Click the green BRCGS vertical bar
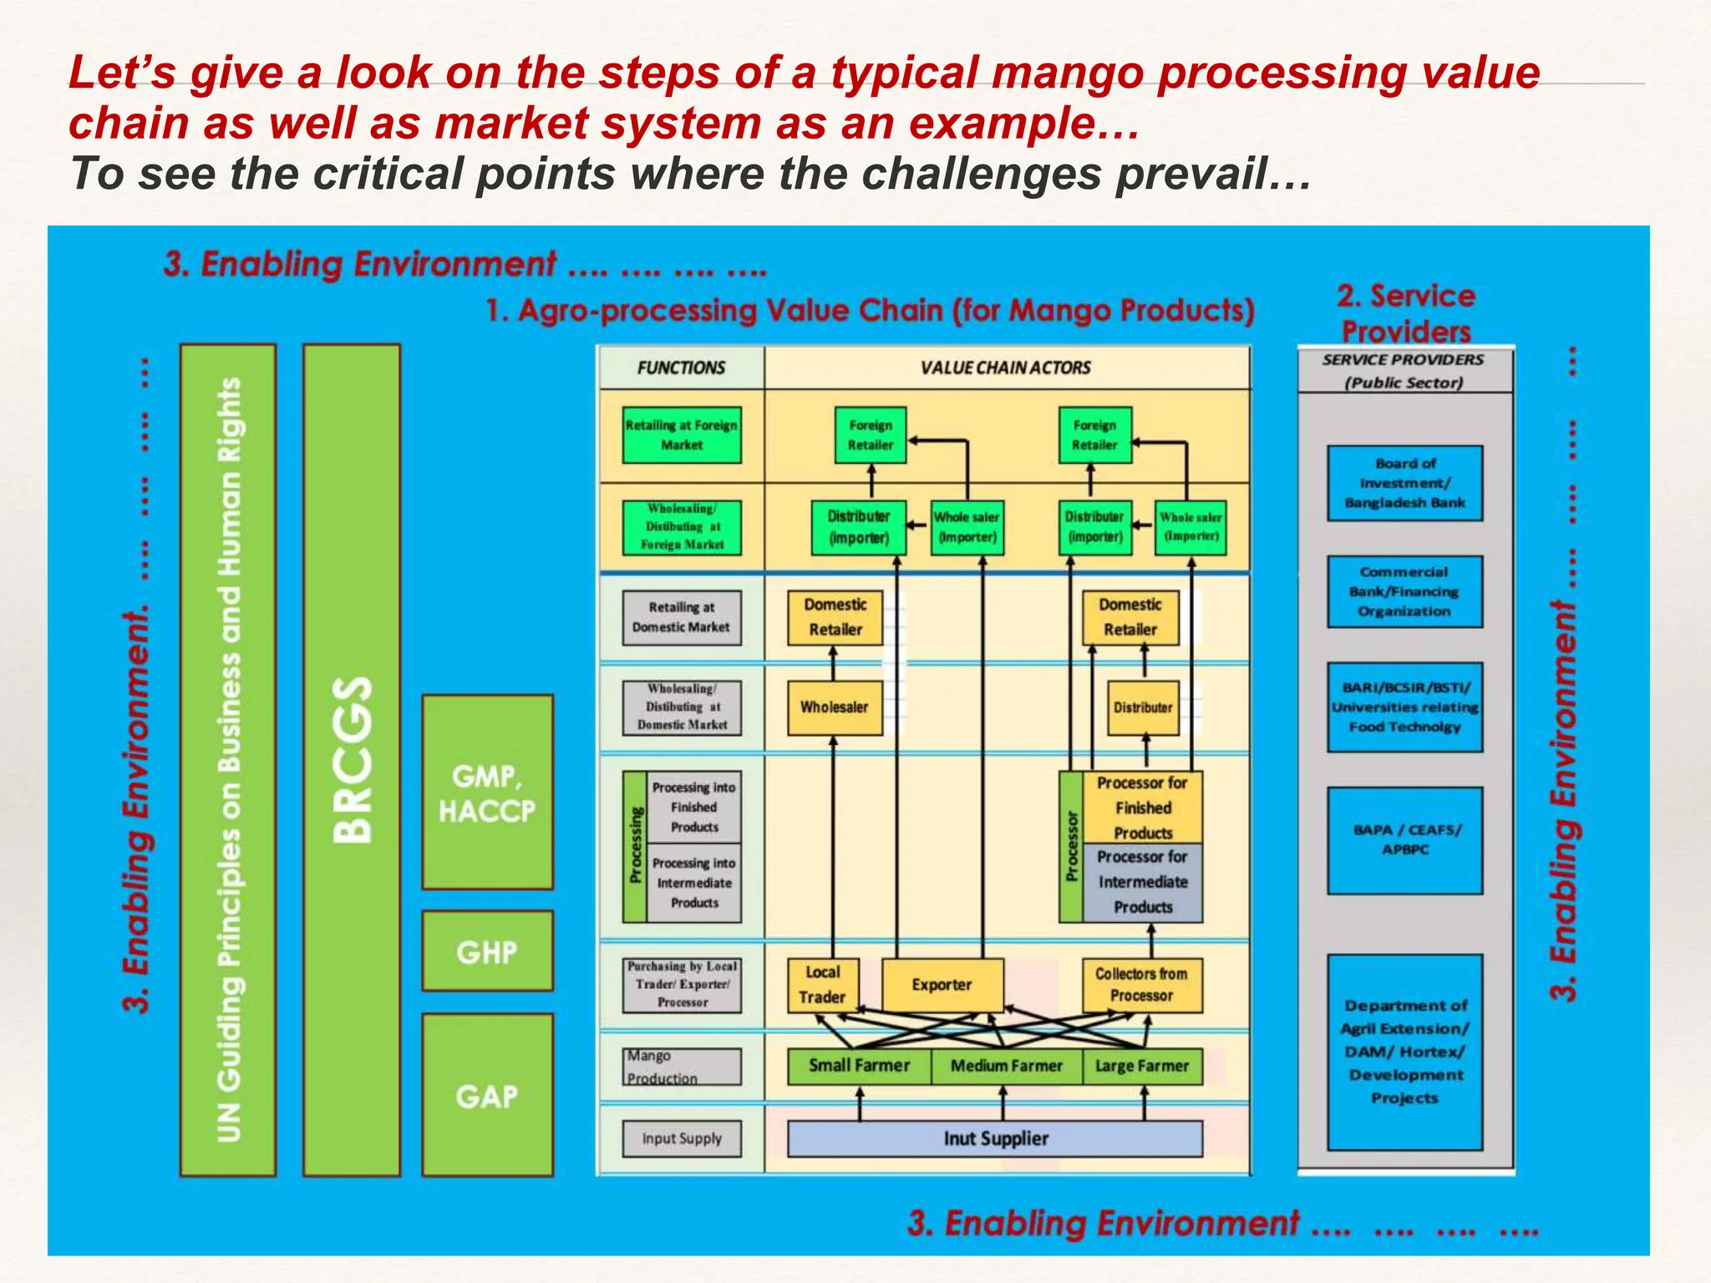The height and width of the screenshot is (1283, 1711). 352,760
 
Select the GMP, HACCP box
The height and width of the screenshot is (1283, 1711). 487,792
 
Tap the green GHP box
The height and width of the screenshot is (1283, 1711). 487,951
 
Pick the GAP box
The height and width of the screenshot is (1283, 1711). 487,1095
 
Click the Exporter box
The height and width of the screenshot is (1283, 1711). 942,986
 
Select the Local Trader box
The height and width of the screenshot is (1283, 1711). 822,986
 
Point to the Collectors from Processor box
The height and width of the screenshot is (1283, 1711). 1141,986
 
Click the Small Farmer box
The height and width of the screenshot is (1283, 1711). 858,1066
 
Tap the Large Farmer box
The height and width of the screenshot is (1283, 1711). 1141,1067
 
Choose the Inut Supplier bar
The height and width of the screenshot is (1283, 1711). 995,1138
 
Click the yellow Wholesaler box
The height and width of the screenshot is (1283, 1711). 835,707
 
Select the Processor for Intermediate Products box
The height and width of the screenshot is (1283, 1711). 1142,882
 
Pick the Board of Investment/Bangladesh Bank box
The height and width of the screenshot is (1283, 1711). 1404,484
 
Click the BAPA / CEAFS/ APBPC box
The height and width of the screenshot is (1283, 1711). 1404,840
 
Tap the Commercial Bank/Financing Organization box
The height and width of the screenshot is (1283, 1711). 1404,591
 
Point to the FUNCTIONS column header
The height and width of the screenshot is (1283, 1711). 681,368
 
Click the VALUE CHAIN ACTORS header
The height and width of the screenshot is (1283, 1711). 1006,368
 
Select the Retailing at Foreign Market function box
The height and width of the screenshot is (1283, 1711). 682,435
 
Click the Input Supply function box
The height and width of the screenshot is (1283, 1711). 682,1138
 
